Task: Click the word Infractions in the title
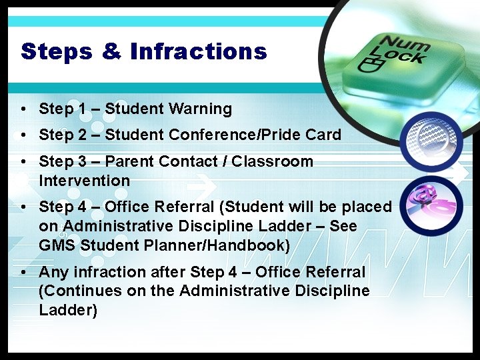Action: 199,51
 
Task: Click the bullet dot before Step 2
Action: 23,135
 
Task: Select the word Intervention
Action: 84,181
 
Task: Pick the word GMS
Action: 57,245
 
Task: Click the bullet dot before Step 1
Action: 23,109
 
